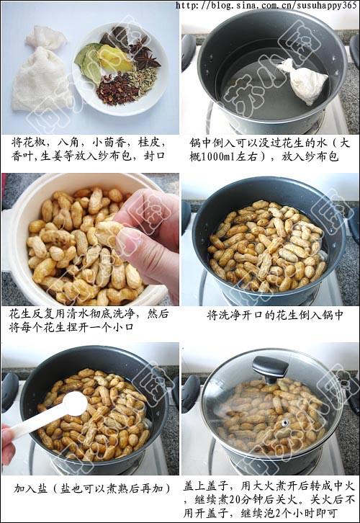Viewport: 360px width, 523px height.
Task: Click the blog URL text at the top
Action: tap(266, 6)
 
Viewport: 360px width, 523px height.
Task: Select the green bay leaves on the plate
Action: tap(90, 61)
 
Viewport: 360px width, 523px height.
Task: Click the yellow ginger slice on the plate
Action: tap(115, 61)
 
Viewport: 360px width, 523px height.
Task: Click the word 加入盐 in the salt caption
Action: tap(29, 488)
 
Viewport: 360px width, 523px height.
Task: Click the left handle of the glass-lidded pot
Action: tap(190, 393)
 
